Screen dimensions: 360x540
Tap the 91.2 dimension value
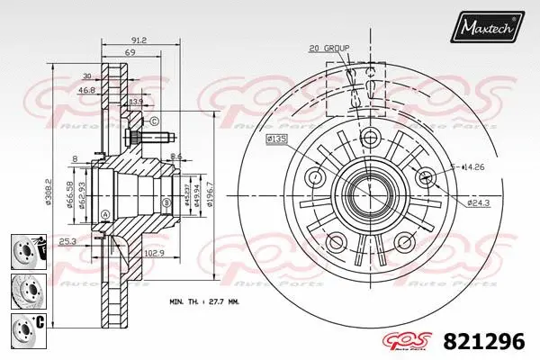coord(139,40)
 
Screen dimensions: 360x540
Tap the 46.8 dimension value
coord(86,91)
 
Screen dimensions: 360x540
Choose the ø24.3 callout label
coord(478,202)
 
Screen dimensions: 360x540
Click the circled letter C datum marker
coord(154,121)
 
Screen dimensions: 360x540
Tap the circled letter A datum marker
coord(104,213)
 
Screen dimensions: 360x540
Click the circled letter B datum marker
coord(167,203)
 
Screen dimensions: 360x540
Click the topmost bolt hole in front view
coord(368,138)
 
